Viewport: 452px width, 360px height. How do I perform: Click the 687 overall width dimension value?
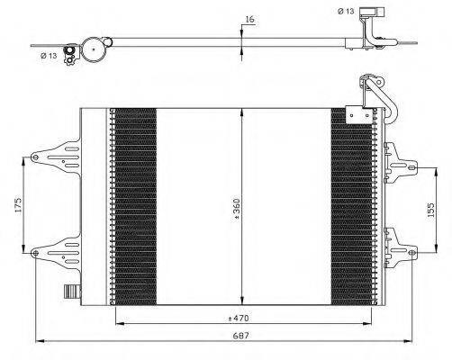241,336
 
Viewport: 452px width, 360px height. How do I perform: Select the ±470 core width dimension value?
239,318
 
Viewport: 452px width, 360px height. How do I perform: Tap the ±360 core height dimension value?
237,210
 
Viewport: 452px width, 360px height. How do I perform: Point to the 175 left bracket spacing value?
19,205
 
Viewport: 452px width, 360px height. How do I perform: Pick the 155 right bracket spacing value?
430,210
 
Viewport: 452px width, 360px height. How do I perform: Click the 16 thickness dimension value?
249,19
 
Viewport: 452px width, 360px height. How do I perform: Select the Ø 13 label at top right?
346,12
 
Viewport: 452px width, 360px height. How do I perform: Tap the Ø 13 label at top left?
49,56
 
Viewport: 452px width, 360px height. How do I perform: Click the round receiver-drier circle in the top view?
94,49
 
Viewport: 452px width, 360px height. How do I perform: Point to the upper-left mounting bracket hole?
35,157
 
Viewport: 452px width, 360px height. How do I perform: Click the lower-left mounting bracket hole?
35,253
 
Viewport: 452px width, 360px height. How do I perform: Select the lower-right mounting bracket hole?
411,253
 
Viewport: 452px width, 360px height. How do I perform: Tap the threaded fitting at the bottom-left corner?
73,292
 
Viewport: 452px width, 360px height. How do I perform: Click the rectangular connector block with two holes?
359,114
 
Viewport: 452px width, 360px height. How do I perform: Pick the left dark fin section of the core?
136,206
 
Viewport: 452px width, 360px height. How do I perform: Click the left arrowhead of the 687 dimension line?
40,341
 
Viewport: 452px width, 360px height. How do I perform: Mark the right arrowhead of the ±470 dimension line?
367,323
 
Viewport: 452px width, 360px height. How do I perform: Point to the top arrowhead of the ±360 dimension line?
242,112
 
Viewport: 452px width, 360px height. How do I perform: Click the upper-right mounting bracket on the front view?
401,164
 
